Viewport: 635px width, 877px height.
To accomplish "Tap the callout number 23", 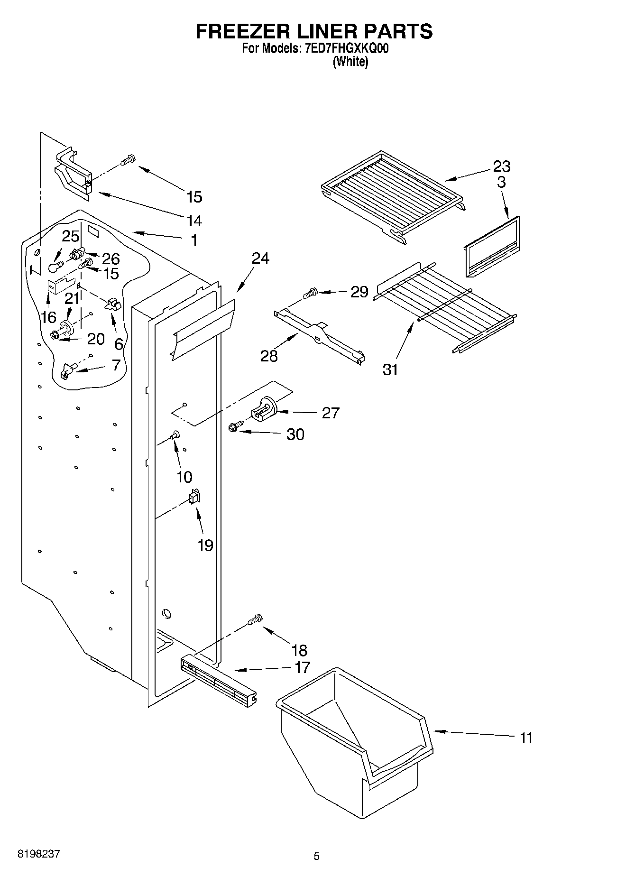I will pyautogui.click(x=501, y=166).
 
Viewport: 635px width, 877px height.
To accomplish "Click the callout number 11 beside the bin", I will pyautogui.click(x=526, y=738).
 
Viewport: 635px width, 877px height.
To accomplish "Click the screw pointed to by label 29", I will pyautogui.click(x=311, y=294).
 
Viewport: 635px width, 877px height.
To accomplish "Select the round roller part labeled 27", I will pyautogui.click(x=264, y=408).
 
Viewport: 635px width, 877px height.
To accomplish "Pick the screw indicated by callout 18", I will pyautogui.click(x=255, y=619).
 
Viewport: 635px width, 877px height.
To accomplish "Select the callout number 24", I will pyautogui.click(x=260, y=258).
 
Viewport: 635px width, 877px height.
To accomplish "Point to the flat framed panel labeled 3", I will pyautogui.click(x=491, y=247).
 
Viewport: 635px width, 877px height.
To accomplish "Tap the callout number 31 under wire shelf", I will pyautogui.click(x=390, y=369).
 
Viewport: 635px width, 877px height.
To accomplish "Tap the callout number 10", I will pyautogui.click(x=184, y=477).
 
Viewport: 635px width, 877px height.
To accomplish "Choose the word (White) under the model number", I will pyautogui.click(x=350, y=62).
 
